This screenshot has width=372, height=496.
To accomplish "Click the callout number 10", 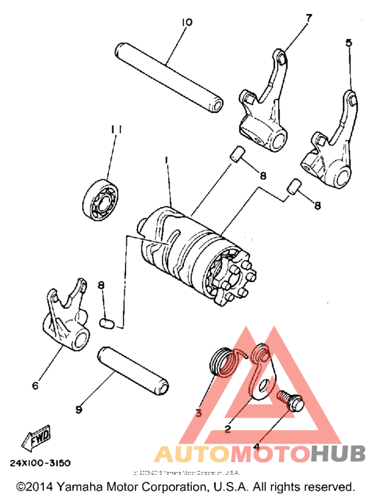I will [x=186, y=23].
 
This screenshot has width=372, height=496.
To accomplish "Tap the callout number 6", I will [x=35, y=384].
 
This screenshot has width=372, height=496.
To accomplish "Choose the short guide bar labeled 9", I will [x=133, y=369].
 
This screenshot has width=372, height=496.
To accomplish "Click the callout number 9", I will [x=78, y=410].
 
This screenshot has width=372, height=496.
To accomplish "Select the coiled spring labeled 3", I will [x=221, y=363].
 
